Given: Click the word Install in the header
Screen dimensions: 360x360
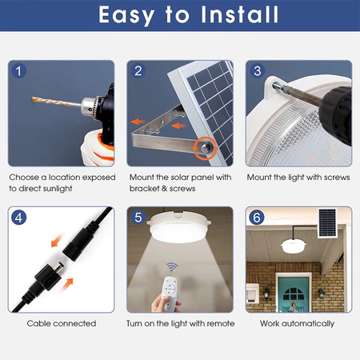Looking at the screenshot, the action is (240, 14).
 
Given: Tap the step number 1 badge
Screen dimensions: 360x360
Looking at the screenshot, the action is (18, 71).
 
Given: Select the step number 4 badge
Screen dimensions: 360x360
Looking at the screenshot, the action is (18, 218).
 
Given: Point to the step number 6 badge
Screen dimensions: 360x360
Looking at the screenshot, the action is (257, 218).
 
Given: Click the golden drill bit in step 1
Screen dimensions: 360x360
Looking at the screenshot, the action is (57, 102).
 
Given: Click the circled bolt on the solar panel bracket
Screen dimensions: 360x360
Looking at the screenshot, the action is (206, 147).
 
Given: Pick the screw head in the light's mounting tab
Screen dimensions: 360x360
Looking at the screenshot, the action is (276, 86).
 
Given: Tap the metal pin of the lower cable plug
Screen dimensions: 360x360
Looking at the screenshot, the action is (59, 266).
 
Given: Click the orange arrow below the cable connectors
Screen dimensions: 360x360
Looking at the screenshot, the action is (66, 285).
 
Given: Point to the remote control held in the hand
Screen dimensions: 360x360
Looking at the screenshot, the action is (169, 294).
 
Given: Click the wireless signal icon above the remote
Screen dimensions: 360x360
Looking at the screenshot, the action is (172, 266).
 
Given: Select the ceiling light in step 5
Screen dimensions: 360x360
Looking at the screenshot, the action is (179, 226).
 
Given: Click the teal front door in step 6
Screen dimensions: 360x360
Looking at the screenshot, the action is (294, 294).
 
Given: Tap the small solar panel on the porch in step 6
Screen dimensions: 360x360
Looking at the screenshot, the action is (327, 223).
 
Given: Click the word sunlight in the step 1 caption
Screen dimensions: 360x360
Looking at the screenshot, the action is (58, 189).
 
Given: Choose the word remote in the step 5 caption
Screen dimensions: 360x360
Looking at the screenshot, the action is (221, 324).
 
